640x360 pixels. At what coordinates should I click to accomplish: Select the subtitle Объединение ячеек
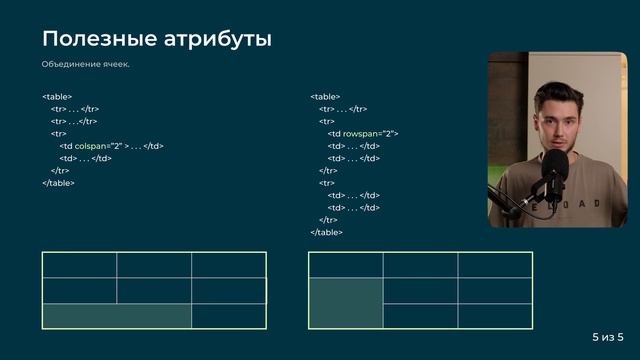(85, 65)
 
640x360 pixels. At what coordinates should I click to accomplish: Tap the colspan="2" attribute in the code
(98, 145)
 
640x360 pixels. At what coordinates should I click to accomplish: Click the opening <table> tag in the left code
(57, 96)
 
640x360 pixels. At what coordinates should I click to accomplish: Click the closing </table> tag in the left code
(59, 183)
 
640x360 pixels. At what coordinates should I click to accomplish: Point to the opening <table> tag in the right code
(325, 96)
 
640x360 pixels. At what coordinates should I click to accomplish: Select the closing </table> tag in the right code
(327, 232)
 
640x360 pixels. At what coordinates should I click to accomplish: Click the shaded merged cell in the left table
(116, 316)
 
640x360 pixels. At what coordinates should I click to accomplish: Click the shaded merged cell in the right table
(346, 303)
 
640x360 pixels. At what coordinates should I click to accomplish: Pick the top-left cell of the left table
(79, 265)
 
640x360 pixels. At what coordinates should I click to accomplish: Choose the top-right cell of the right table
(495, 265)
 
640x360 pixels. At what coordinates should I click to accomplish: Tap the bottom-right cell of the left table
(229, 316)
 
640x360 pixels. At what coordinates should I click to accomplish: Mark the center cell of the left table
(154, 290)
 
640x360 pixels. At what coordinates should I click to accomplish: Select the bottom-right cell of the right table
(495, 316)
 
